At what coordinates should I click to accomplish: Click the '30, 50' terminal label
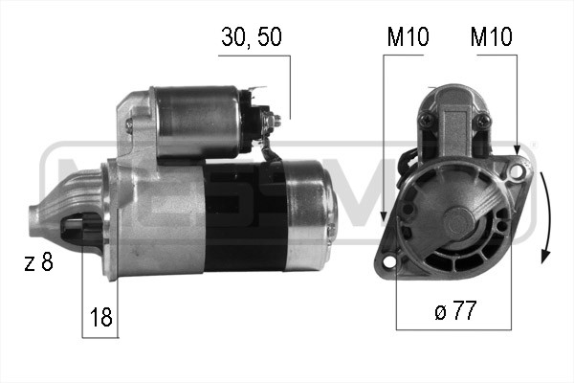(x=252, y=37)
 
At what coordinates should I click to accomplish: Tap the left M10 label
(x=408, y=37)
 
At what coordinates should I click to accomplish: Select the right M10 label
(x=491, y=37)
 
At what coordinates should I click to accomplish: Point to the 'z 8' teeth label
(x=39, y=262)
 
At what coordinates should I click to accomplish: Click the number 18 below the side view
(x=99, y=317)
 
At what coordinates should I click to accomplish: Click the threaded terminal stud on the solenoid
(x=276, y=121)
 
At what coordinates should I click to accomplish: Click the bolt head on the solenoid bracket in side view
(x=132, y=125)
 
